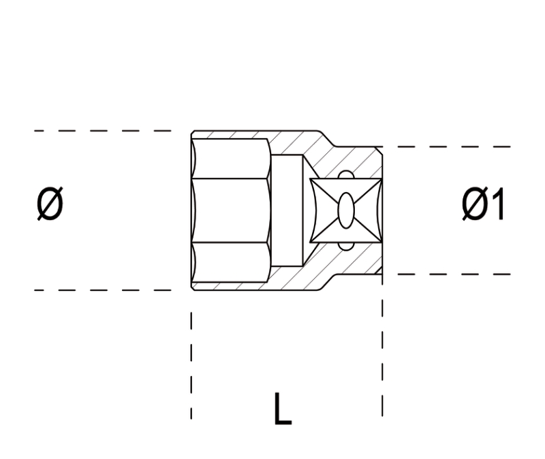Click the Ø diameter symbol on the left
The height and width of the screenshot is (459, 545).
(x=50, y=204)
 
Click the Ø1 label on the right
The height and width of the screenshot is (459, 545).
(x=483, y=204)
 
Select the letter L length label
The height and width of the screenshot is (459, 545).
(x=283, y=409)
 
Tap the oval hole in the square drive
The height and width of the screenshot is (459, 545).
(x=346, y=210)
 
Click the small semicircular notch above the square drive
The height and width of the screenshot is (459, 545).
(x=346, y=174)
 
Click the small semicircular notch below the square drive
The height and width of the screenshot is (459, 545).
(x=346, y=246)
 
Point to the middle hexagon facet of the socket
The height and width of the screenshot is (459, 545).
(x=231, y=210)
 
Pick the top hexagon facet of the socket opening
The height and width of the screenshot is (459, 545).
(x=230, y=159)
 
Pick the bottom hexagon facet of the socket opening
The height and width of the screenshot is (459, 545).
(x=230, y=262)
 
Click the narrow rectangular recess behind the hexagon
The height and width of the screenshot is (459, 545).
(x=287, y=210)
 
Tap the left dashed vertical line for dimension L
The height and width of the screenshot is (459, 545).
(x=191, y=365)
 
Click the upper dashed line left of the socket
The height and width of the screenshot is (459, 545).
(x=103, y=131)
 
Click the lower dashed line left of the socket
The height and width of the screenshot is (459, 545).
(x=103, y=290)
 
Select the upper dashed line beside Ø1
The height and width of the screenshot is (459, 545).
(x=447, y=146)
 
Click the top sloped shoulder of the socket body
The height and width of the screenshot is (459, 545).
(x=327, y=139)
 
